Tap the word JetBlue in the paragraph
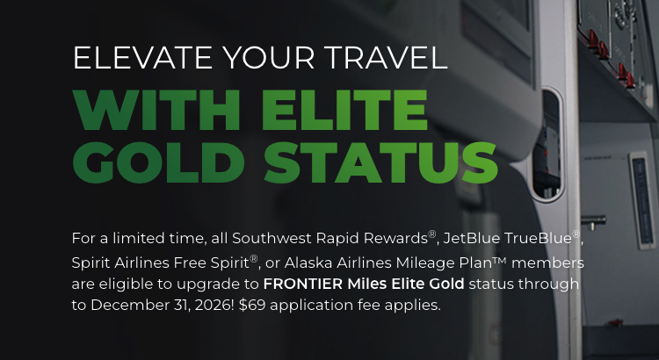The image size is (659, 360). (471, 238)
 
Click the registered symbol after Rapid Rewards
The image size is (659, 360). (432, 234)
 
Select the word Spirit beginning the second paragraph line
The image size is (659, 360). (92, 262)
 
